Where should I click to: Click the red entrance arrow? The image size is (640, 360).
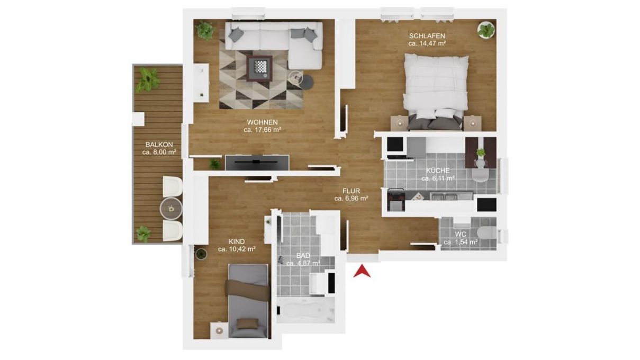(x=362, y=272)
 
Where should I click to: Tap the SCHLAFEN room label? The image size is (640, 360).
(x=427, y=36)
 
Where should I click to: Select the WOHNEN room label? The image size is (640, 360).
(x=262, y=122)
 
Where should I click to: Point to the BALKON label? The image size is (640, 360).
(x=159, y=145)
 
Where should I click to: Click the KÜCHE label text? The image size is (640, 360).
(x=438, y=170)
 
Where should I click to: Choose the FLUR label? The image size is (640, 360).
(x=351, y=191)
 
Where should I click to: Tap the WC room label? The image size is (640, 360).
(x=461, y=235)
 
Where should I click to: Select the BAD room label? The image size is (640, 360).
(x=303, y=255)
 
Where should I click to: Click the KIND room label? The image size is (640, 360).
(x=237, y=242)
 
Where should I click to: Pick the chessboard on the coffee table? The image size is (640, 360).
(x=260, y=67)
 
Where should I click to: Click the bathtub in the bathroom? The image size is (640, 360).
(x=306, y=310)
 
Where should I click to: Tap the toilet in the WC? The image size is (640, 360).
(x=487, y=232)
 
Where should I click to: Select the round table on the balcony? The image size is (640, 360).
(x=171, y=209)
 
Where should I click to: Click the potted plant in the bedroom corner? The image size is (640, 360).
(x=486, y=30)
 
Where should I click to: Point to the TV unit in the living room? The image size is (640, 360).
(x=257, y=163)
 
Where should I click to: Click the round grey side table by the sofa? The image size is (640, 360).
(x=307, y=82)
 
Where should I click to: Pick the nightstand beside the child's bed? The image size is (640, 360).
(x=220, y=330)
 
